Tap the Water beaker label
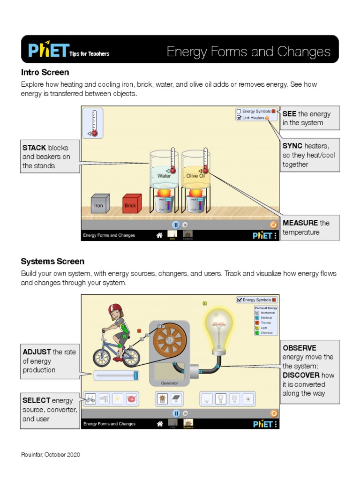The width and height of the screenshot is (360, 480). click(164, 176)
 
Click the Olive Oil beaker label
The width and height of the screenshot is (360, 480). click(195, 176)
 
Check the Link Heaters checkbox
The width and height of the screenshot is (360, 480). click(239, 118)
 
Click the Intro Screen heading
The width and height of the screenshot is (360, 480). click(45, 73)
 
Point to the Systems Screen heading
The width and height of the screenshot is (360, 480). click(52, 262)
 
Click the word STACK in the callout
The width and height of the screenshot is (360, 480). click(34, 148)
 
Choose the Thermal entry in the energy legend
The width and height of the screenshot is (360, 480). click(266, 322)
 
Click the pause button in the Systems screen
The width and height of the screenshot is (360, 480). click(176, 413)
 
